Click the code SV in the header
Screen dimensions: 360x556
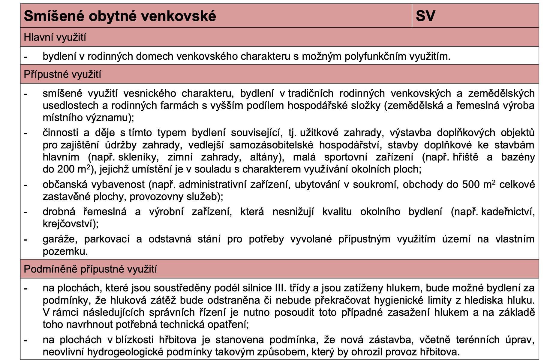(x=425, y=16)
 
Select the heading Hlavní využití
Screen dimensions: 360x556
(x=55, y=37)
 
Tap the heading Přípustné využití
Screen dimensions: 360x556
(x=62, y=74)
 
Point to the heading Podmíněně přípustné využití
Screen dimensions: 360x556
(x=90, y=269)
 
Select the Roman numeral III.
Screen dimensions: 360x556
(x=280, y=288)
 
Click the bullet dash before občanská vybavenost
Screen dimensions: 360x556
(x=26, y=184)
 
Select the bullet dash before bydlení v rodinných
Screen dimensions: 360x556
(x=26, y=56)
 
